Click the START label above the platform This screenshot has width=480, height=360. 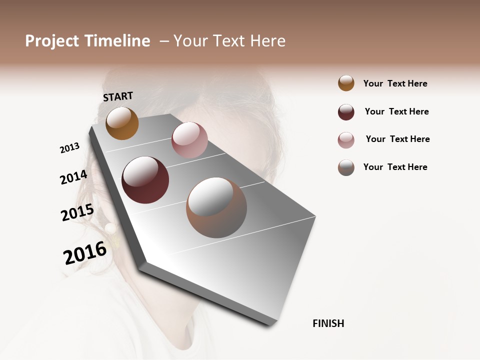(x=118, y=96)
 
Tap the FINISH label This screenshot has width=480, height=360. (x=328, y=323)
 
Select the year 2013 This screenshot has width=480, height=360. (x=69, y=148)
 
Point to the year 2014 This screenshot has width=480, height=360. (x=73, y=177)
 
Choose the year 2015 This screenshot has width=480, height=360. (x=77, y=213)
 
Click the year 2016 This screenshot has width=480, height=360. (x=85, y=253)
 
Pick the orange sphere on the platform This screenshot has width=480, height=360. (x=122, y=123)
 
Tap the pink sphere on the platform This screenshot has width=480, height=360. (x=189, y=139)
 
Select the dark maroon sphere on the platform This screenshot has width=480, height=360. (x=145, y=180)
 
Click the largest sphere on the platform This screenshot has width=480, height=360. (x=216, y=207)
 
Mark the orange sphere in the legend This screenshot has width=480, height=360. (x=346, y=83)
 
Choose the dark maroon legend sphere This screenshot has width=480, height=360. (x=346, y=112)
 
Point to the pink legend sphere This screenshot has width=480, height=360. (x=346, y=140)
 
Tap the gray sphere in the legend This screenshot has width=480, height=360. (x=346, y=167)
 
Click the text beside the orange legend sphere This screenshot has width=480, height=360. (x=395, y=84)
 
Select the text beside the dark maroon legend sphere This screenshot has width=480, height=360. (x=396, y=111)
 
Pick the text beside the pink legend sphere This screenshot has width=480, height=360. (x=397, y=139)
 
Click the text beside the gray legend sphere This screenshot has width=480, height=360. (x=395, y=167)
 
